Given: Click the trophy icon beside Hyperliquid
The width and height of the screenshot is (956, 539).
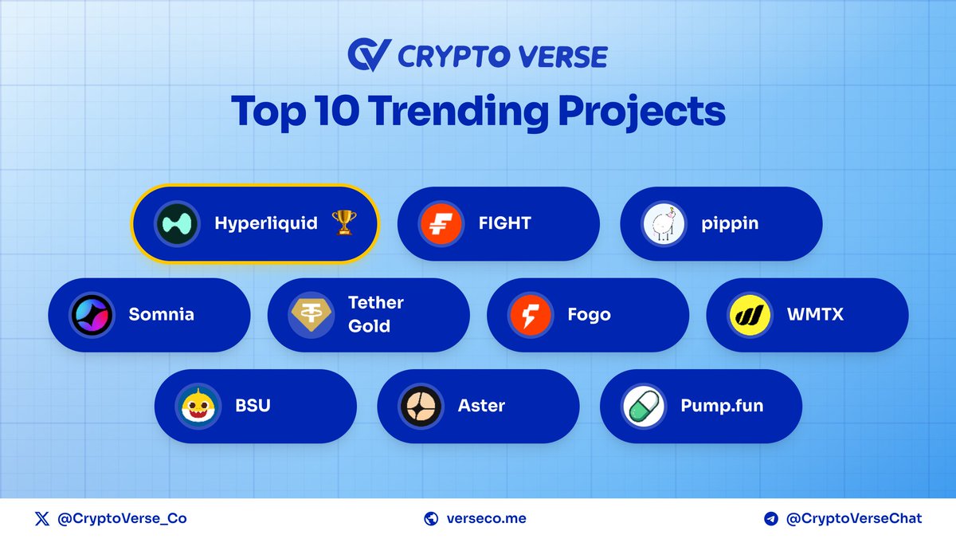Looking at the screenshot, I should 343,224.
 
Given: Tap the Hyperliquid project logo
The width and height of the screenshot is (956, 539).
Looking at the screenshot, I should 176,224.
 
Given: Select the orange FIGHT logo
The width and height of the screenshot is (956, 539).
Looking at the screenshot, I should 441,224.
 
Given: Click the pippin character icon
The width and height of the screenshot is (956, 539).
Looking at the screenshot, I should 663,224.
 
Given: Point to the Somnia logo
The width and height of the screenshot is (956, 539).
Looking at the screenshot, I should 92,315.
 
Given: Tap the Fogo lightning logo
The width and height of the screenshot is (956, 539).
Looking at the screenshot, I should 531,315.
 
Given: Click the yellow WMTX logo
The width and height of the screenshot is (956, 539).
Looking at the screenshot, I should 750,315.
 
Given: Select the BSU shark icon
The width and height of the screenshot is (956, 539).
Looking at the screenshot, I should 198,406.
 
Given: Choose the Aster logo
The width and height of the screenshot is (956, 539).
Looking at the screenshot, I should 421,406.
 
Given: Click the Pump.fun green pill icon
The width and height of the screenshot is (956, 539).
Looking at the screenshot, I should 643,406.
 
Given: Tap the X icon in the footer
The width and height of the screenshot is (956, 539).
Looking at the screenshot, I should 42,519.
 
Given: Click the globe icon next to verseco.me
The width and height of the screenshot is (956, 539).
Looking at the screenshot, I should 432,519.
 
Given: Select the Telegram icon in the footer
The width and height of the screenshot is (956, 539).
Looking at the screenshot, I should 770,519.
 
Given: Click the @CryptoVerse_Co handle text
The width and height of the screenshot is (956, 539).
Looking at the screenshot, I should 122,519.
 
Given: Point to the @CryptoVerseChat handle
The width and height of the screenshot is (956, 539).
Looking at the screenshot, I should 854,519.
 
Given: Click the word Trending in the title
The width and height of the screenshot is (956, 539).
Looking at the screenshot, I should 460,112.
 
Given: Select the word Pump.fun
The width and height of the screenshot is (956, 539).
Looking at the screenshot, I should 722,406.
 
